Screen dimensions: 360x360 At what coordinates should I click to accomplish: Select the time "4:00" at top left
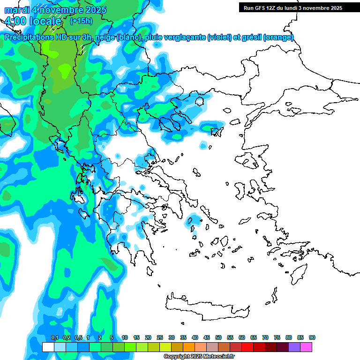pos(15,21)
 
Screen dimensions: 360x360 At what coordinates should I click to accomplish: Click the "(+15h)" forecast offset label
pos(81,21)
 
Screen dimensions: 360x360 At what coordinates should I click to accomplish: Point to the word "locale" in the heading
pos(45,21)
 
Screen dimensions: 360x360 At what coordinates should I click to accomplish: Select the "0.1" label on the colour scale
pos(55,337)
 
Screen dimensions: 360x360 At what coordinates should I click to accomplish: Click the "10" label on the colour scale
pos(125,337)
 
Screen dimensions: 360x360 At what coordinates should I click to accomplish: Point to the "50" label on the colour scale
pos(218,337)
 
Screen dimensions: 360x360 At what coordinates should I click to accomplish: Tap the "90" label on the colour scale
pos(312,337)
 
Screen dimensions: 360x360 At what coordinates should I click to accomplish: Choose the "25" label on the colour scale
pos(160,337)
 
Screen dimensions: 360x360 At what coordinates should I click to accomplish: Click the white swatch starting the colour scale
pos(48,347)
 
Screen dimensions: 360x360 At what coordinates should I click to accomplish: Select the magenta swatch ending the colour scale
pos(306,347)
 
